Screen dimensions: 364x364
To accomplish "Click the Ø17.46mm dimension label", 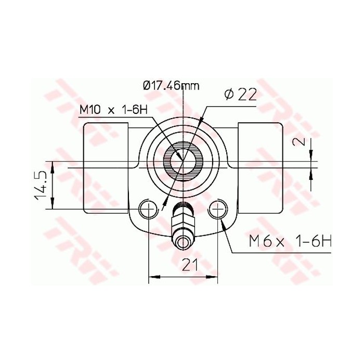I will tap(171, 86).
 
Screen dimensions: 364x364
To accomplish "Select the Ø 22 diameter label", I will tap(240, 94).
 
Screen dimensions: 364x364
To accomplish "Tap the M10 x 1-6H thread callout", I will tap(113, 110).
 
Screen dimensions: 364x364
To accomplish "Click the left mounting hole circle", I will tap(149, 210).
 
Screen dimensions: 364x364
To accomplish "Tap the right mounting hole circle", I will tap(217, 210).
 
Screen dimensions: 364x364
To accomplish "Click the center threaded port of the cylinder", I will tap(183, 160).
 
